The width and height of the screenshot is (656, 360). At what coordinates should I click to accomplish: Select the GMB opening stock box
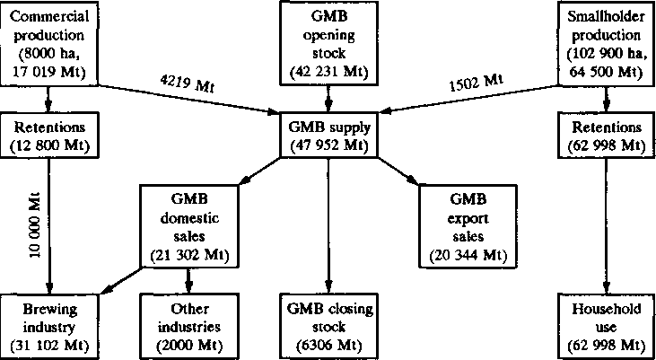pos(329,42)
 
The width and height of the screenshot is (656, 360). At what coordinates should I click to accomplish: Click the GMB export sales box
pos(468,224)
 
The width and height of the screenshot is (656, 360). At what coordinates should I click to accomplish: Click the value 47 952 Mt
pos(328,145)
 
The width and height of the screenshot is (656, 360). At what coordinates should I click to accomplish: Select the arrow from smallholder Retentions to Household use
pos(608,224)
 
